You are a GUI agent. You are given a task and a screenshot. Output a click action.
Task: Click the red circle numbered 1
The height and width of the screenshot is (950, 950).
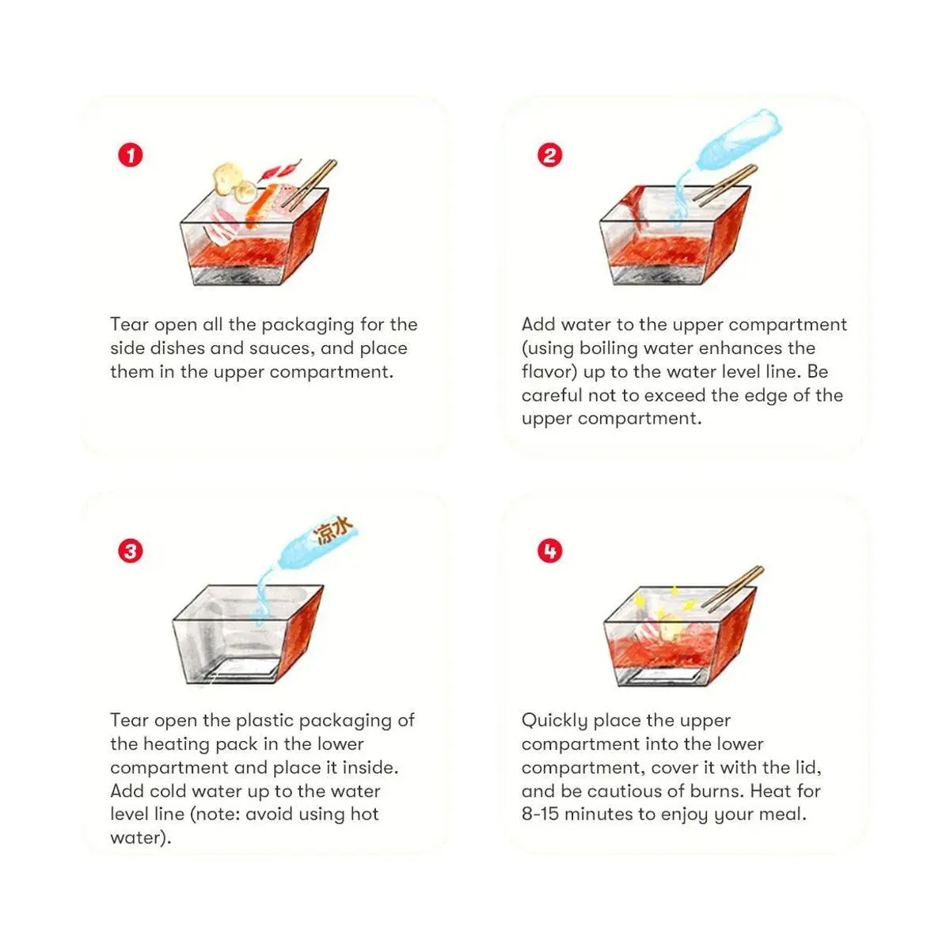click(130, 155)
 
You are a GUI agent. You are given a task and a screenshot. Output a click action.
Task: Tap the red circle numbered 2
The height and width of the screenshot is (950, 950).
click(549, 155)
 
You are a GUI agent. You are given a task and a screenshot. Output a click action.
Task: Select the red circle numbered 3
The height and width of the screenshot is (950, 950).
click(130, 551)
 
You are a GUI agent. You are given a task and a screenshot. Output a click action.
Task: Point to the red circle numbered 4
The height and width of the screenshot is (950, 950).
click(549, 551)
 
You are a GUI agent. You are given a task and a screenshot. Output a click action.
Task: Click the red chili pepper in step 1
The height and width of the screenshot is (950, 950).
click(280, 170)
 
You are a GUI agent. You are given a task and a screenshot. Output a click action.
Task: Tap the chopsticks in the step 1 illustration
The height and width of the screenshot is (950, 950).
click(309, 184)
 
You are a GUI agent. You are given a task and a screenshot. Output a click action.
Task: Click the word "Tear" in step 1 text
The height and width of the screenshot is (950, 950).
click(129, 325)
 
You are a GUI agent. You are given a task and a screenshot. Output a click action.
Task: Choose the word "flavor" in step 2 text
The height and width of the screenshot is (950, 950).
click(549, 372)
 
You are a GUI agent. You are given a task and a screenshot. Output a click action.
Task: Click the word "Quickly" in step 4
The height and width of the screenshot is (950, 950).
click(554, 720)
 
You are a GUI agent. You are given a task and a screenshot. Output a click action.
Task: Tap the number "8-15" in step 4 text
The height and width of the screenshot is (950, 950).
click(540, 814)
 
